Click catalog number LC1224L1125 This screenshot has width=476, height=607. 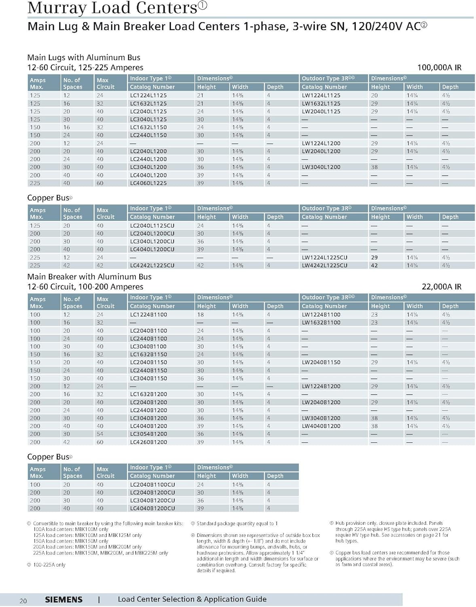point(148,96)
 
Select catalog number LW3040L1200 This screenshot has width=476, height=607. point(321,167)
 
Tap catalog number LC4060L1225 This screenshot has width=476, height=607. point(148,183)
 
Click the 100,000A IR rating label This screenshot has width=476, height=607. point(439,68)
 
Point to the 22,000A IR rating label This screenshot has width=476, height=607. point(441,287)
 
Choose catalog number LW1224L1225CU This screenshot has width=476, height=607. point(324,257)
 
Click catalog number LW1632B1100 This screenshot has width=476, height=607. point(321,323)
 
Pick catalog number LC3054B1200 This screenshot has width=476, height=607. point(148,434)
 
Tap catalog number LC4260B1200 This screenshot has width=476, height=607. point(148,442)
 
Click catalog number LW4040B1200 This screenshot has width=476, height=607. point(321,426)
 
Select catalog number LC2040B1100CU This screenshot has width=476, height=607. point(152,484)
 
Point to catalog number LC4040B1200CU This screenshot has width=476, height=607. point(152,508)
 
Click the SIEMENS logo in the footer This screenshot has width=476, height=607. point(63,600)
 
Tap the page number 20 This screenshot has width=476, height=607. point(23,601)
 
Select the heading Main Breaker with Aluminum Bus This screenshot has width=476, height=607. point(89,277)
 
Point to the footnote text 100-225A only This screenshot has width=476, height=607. point(49,565)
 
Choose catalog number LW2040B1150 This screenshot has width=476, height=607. point(321,362)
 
